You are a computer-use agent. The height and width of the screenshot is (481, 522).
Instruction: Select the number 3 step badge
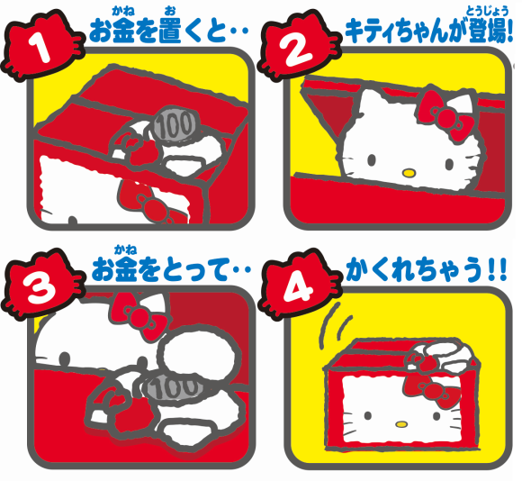(x=41, y=284)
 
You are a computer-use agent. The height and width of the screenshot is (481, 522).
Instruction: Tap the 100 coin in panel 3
(x=173, y=386)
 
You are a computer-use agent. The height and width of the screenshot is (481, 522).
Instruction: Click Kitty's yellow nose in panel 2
(x=409, y=173)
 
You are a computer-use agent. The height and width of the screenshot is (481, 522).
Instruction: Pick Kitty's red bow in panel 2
(x=445, y=115)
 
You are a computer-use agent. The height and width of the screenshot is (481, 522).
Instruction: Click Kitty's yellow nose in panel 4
(x=401, y=424)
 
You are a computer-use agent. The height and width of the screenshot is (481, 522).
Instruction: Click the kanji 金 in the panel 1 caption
(x=124, y=31)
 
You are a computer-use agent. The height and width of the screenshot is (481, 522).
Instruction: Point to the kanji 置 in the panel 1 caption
(x=170, y=31)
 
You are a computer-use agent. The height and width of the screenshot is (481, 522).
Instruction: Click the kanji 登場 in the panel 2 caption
(x=490, y=31)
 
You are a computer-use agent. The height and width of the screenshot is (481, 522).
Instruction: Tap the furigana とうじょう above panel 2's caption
(x=488, y=12)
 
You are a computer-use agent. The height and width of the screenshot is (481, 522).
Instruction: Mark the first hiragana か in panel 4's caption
(x=356, y=269)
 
